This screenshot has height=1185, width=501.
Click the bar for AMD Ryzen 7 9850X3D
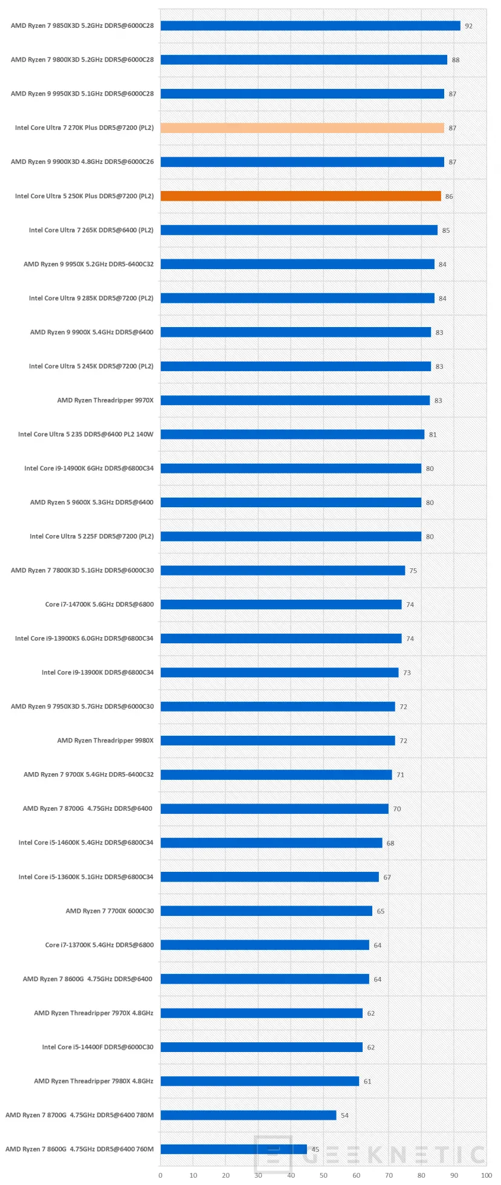tap(310, 26)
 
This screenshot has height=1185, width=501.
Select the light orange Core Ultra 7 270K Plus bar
tap(302, 128)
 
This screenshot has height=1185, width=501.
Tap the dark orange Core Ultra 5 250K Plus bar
tap(300, 196)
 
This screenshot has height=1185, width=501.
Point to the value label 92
tap(468, 27)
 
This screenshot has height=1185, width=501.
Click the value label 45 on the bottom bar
tap(315, 1149)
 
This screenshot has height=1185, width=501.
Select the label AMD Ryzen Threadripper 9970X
tap(105, 400)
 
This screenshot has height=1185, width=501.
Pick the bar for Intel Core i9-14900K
tap(291, 469)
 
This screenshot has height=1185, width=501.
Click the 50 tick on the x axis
tap(323, 1175)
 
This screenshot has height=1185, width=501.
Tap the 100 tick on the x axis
tap(486, 1175)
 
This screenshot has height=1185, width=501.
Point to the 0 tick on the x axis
tap(160, 1175)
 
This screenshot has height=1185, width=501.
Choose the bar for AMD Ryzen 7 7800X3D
tap(282, 571)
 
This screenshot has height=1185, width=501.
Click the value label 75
tap(413, 571)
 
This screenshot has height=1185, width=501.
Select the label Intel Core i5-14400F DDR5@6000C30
tap(97, 1047)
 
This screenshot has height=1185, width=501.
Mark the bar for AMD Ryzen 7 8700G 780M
tap(248, 1115)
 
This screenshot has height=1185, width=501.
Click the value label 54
tap(344, 1115)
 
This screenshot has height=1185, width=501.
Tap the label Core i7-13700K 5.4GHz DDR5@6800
tap(99, 945)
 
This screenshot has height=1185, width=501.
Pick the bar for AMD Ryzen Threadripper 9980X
tap(277, 741)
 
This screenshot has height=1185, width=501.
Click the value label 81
tap(433, 435)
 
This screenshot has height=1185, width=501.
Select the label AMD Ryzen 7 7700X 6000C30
tap(109, 911)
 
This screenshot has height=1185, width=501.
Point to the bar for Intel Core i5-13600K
tap(270, 877)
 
